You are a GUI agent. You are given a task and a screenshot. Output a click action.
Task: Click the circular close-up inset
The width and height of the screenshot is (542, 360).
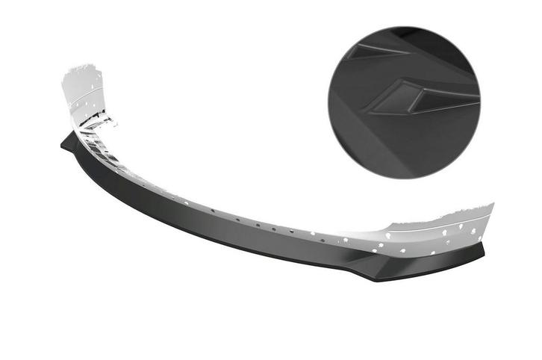(403, 102)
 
